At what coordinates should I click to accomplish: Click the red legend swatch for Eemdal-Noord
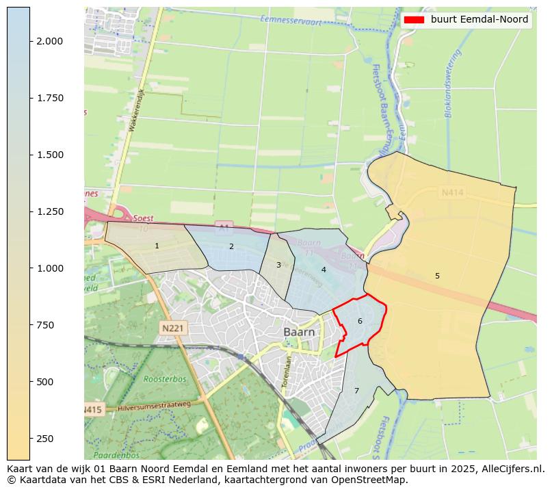pyautogui.click(x=414, y=20)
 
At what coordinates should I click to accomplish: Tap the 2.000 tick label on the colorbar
pyautogui.click(x=49, y=41)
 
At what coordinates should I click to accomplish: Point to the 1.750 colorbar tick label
pyautogui.click(x=49, y=98)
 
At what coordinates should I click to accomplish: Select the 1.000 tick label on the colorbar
pyautogui.click(x=49, y=268)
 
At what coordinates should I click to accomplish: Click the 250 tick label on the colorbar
pyautogui.click(x=45, y=439)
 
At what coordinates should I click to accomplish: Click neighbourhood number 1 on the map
pyautogui.click(x=157, y=246)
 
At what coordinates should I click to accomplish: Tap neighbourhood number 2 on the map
pyautogui.click(x=231, y=246)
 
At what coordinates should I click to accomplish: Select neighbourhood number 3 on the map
pyautogui.click(x=278, y=265)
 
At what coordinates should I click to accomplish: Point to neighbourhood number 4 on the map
pyautogui.click(x=324, y=270)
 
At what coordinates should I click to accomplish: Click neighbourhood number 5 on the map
pyautogui.click(x=437, y=276)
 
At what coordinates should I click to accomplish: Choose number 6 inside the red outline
pyautogui.click(x=360, y=321)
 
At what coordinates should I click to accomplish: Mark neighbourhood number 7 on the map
pyautogui.click(x=356, y=391)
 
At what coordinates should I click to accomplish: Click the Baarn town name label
pyautogui.click(x=300, y=332)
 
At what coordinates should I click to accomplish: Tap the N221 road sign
pyautogui.click(x=173, y=328)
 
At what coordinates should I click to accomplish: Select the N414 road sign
pyautogui.click(x=452, y=193)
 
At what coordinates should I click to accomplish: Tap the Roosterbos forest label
pyautogui.click(x=161, y=378)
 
